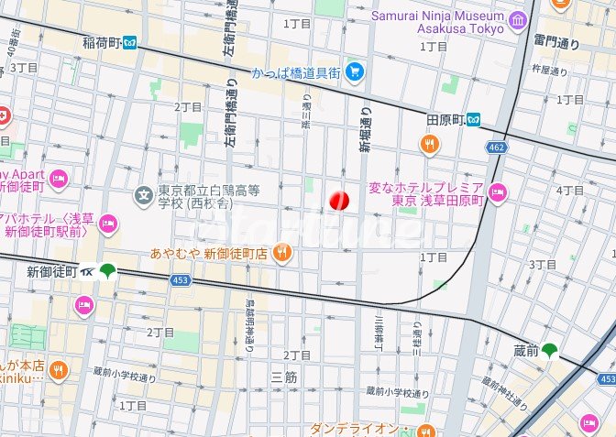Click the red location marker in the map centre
pos(339,200)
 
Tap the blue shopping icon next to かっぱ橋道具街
pos(353,71)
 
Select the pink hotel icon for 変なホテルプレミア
pos(498,191)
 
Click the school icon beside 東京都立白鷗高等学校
pos(143,194)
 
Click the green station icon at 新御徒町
pos(109,270)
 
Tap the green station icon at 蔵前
pos(549,349)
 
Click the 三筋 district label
pos(285,377)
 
